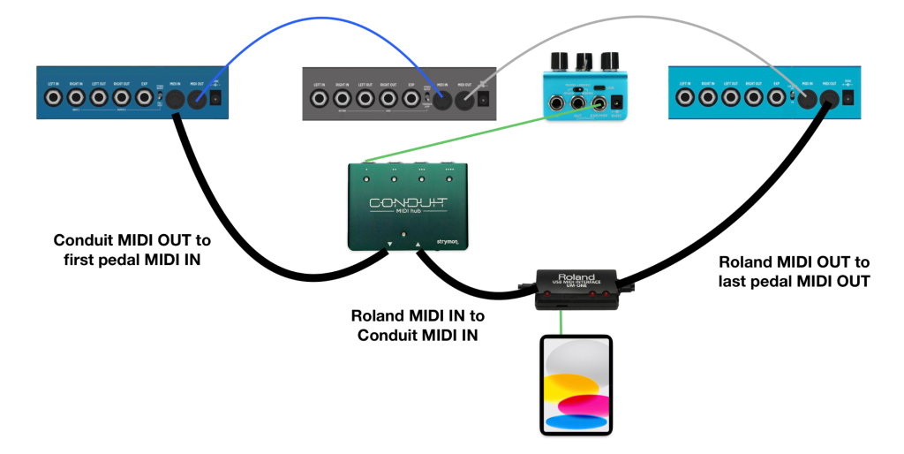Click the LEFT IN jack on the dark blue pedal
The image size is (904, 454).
pos(54,98)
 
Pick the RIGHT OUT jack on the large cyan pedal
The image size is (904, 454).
pos(753,98)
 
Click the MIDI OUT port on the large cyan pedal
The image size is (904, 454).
pos(828,100)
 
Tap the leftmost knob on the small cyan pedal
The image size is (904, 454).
pos(558,60)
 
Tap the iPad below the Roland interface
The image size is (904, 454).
pos(575,384)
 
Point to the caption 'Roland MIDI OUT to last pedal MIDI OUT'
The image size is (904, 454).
pos(794,271)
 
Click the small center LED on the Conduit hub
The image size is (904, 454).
pos(403,234)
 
